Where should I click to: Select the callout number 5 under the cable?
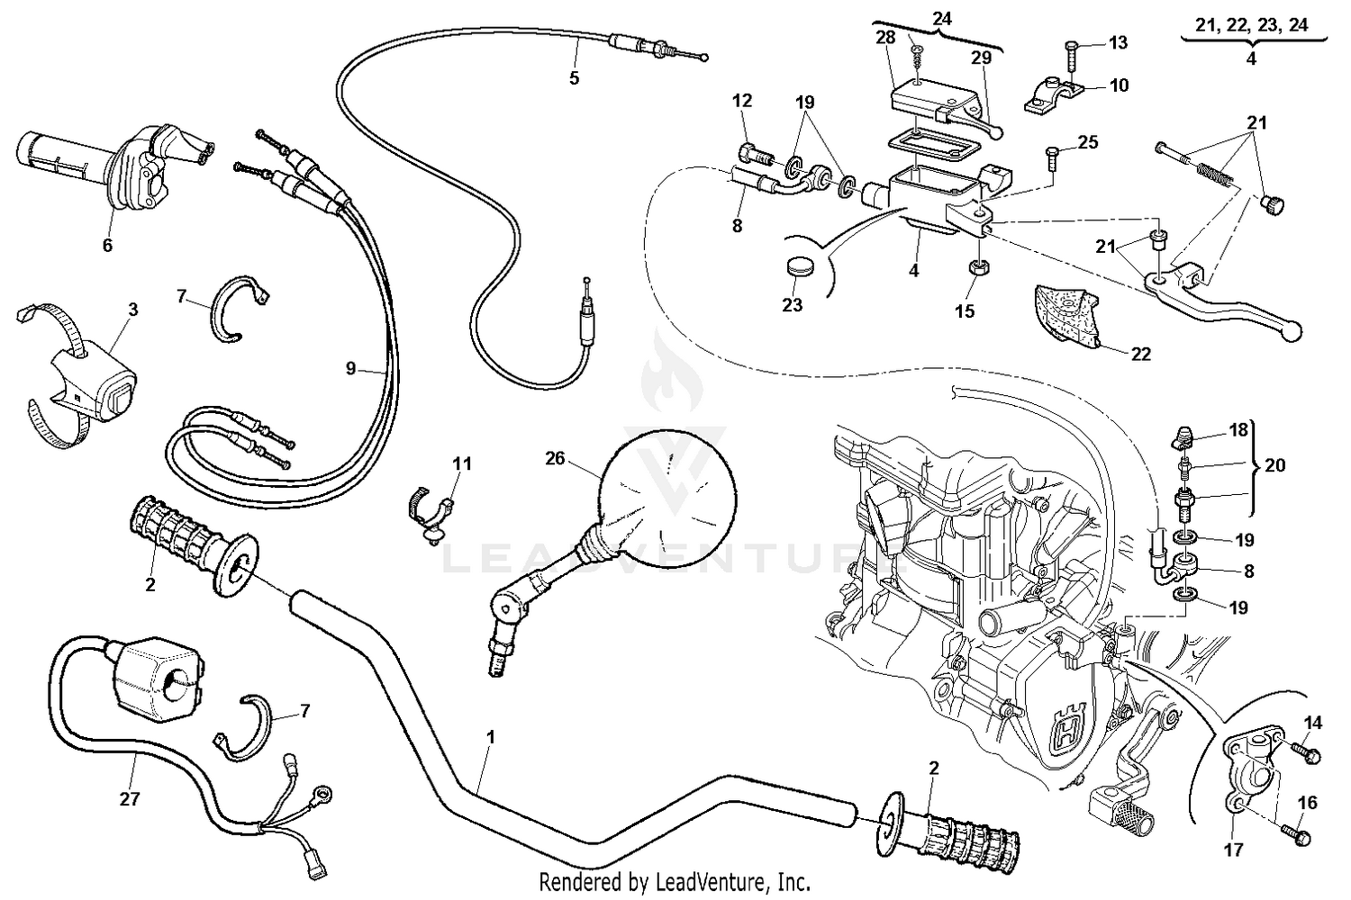(574, 78)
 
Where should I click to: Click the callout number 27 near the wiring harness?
(130, 798)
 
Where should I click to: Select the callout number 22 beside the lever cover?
(1141, 354)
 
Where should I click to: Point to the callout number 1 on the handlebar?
(490, 736)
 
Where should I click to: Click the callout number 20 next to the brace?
(1275, 465)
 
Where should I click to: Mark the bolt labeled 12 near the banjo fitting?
(753, 155)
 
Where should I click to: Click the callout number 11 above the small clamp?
(461, 463)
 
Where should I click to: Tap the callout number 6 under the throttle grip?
(107, 245)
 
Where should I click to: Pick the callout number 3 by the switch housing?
(132, 310)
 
